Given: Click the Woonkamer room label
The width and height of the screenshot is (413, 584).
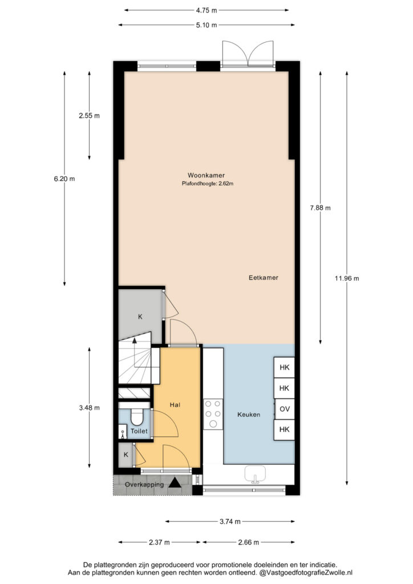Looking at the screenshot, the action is (206, 175).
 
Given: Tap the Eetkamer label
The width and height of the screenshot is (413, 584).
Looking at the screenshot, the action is (264, 278).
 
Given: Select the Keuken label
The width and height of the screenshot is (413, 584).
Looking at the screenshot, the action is (249, 415).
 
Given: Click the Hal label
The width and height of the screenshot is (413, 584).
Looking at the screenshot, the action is (175, 405).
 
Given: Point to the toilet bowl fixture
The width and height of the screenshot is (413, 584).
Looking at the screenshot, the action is (137, 417).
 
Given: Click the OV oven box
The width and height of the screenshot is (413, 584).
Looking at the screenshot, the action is (285, 409).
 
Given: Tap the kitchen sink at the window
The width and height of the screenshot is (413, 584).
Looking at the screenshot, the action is (255, 474).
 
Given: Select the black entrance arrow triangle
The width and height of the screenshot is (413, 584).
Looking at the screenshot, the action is (175, 483).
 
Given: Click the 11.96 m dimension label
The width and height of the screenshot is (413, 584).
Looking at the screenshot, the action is (347, 278).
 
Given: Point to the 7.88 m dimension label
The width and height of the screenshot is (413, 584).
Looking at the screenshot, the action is (320, 208).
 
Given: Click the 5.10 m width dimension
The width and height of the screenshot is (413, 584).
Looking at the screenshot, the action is (206, 25).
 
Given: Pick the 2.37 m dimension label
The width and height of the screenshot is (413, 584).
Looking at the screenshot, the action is (159, 542).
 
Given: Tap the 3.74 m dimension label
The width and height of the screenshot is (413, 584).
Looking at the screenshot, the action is (230, 521).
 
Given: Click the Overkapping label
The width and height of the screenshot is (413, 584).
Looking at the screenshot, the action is (144, 485).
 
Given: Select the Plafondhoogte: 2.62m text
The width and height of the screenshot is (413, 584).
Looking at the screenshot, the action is (208, 183).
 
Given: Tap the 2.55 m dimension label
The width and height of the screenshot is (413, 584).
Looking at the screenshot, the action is (90, 115).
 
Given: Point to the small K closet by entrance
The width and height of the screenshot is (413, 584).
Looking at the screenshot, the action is (126, 455).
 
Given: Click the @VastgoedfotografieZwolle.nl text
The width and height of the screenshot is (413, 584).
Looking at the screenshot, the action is (306, 573).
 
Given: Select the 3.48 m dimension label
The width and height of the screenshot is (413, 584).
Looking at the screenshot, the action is (90, 408).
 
